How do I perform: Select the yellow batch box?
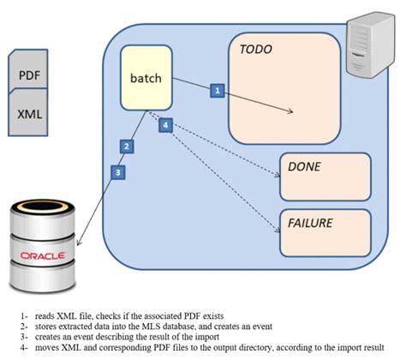[146, 78]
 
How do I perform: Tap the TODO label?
[256, 50]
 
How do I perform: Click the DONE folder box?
[325, 177]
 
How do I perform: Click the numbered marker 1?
[218, 90]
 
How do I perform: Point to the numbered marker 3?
[119, 171]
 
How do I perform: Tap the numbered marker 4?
[166, 126]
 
